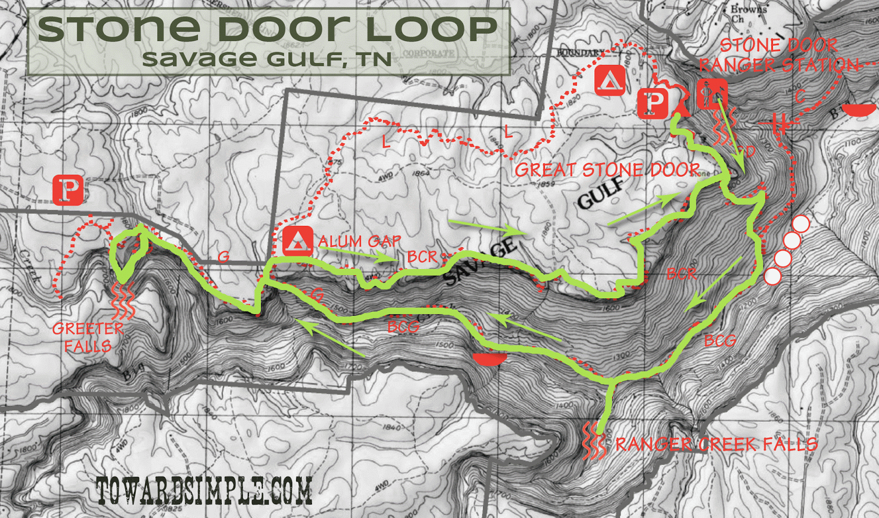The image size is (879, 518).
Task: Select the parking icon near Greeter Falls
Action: click(68, 190)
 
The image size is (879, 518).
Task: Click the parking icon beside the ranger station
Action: click(653, 103)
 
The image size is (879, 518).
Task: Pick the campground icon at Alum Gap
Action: click(298, 241)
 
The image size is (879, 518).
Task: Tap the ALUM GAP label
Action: click(359, 241)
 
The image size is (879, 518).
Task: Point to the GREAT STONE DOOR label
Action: click(607, 170)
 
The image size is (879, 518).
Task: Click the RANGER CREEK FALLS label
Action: click(716, 444)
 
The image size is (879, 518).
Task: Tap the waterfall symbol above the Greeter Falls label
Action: click(123, 301)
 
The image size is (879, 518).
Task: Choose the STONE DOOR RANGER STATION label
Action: click(779, 55)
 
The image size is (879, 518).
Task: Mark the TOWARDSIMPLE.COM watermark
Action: click(204, 491)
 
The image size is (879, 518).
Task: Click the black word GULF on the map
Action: click(601, 193)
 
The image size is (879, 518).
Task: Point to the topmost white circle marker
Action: click(801, 224)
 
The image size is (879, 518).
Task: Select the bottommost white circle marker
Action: click(772, 276)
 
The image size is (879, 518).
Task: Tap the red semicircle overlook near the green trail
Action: click(489, 359)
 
